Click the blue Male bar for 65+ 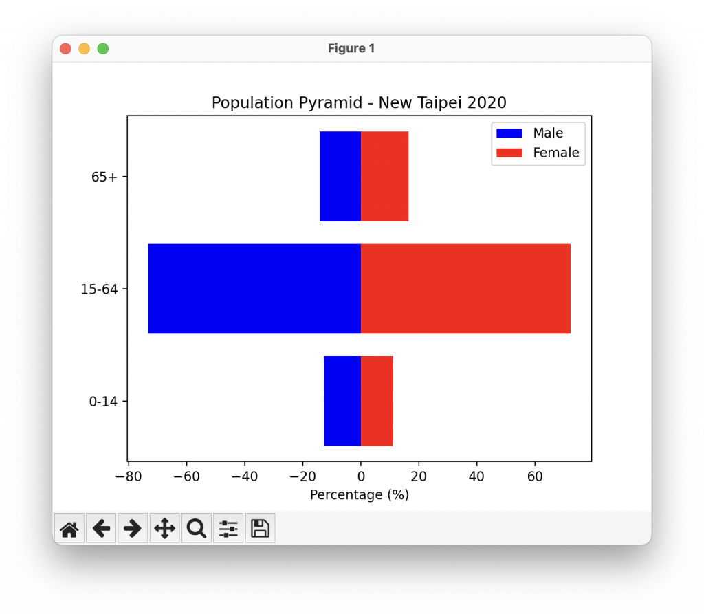pyautogui.click(x=340, y=177)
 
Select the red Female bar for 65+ pyautogui.click(x=384, y=177)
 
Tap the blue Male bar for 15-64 pyautogui.click(x=254, y=289)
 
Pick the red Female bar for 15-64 pyautogui.click(x=465, y=289)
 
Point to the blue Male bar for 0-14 pyautogui.click(x=342, y=401)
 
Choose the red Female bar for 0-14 pyautogui.click(x=377, y=401)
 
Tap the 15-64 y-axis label pyautogui.click(x=100, y=289)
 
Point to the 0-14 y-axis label pyautogui.click(x=103, y=401)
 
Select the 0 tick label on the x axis pyautogui.click(x=361, y=476)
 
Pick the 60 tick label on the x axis pyautogui.click(x=534, y=476)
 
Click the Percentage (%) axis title pyautogui.click(x=360, y=495)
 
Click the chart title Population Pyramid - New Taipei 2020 pyautogui.click(x=359, y=103)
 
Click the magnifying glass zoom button pyautogui.click(x=197, y=529)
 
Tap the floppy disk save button pyautogui.click(x=260, y=529)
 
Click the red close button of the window pyautogui.click(x=65, y=48)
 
